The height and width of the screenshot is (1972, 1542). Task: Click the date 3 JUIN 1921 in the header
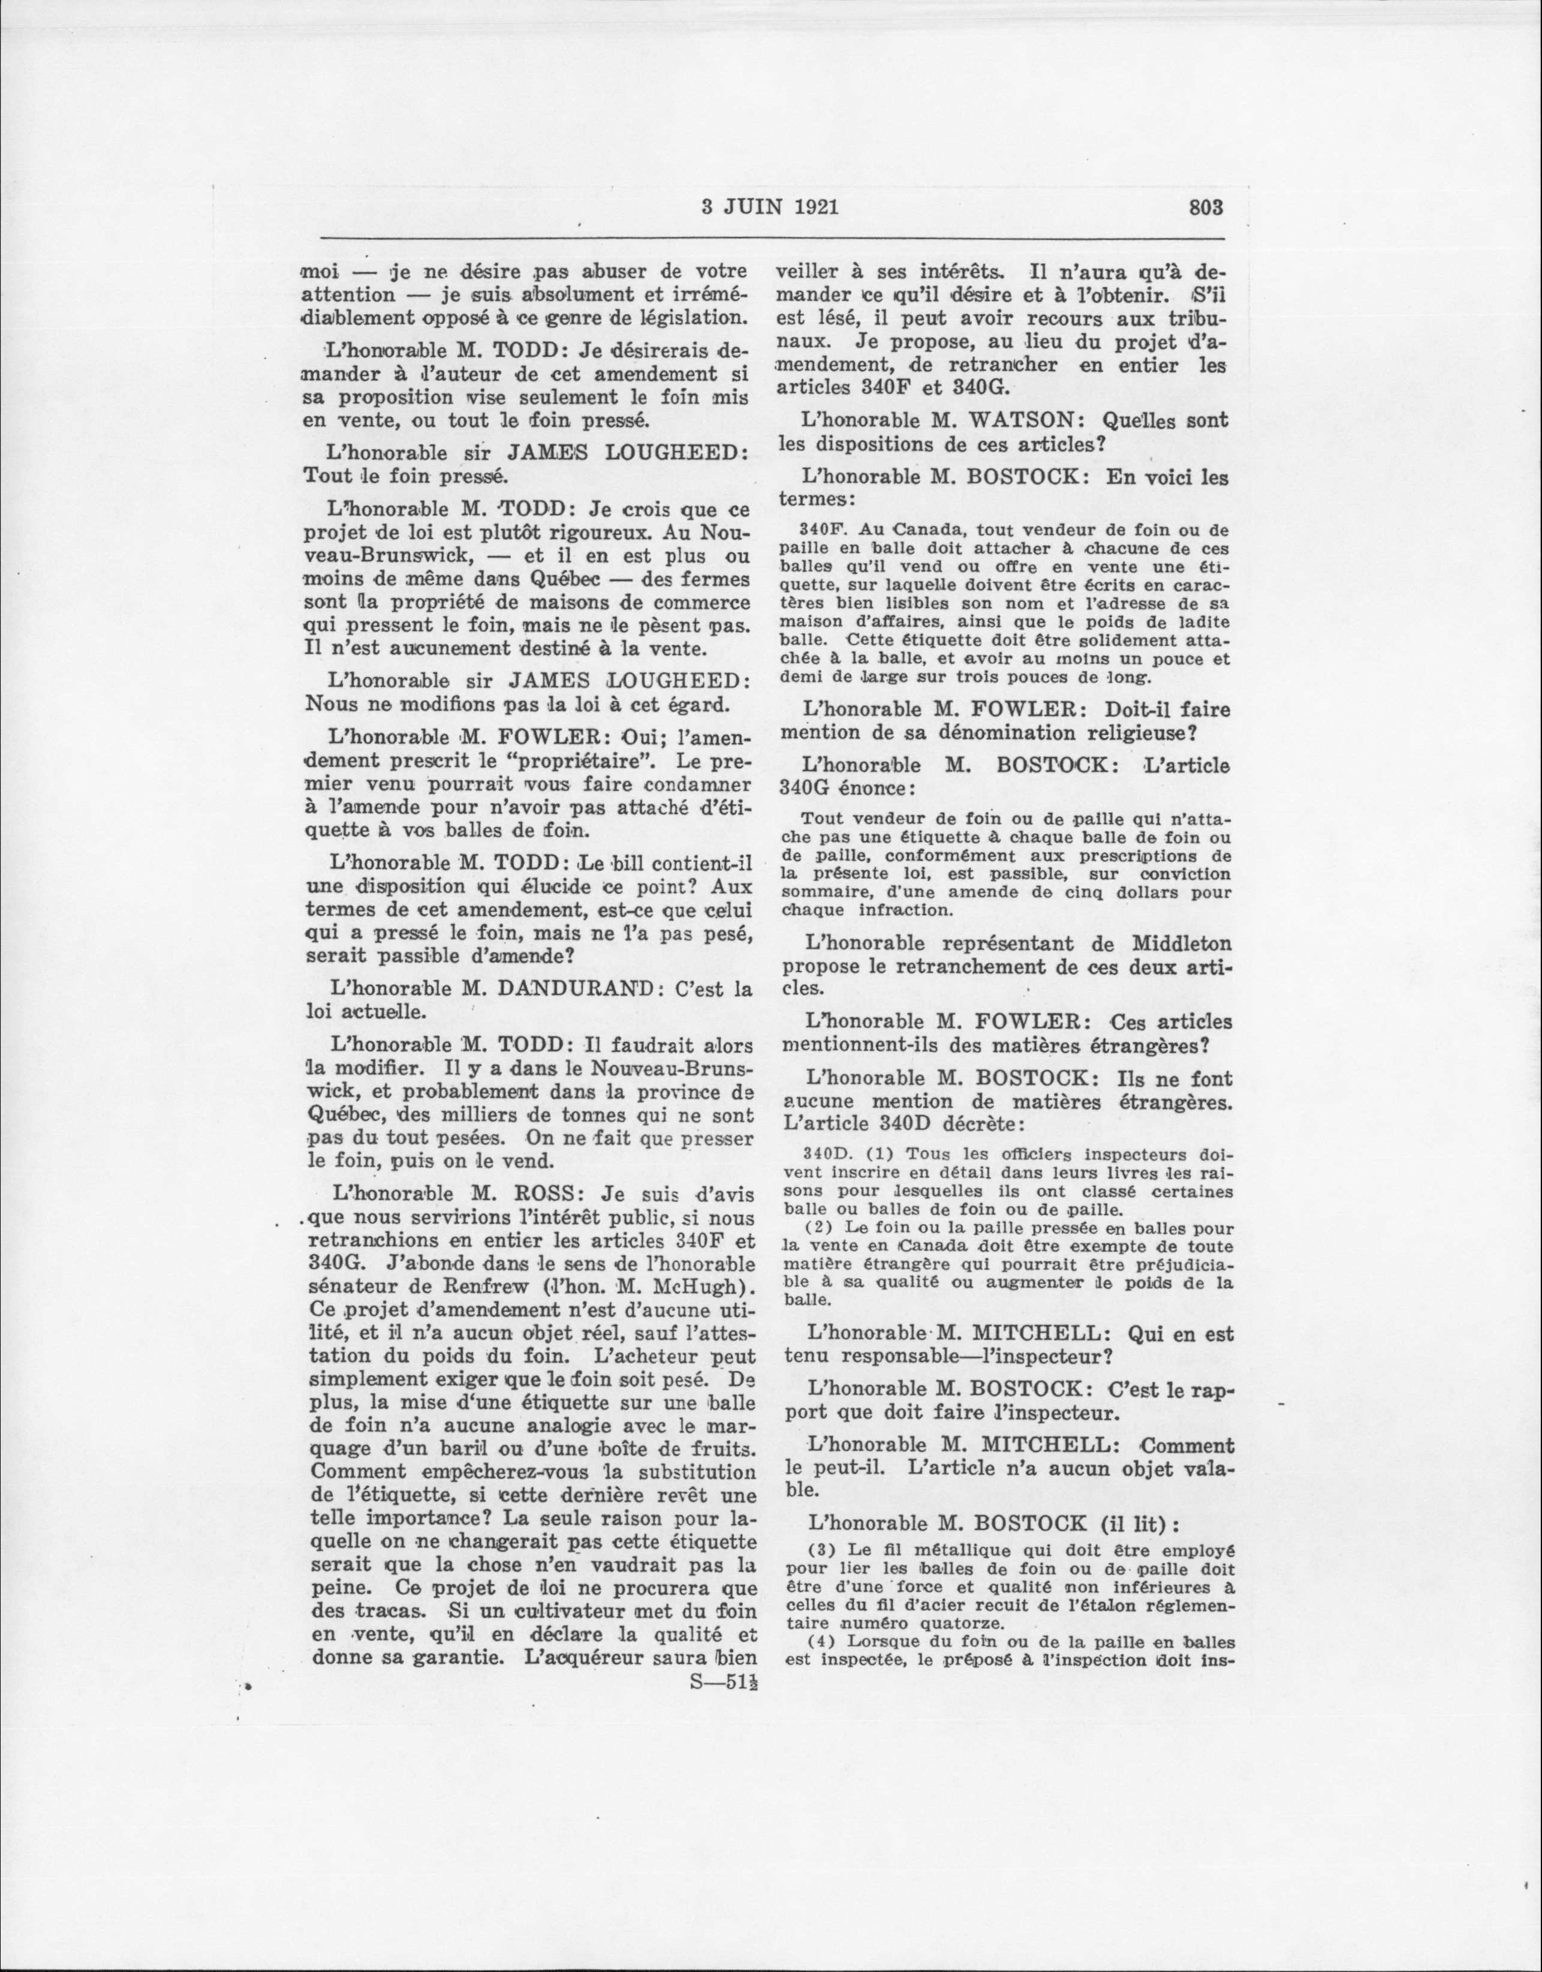click(770, 207)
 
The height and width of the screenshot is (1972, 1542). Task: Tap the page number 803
click(1205, 207)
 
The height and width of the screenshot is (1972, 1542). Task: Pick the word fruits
click(722, 1449)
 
